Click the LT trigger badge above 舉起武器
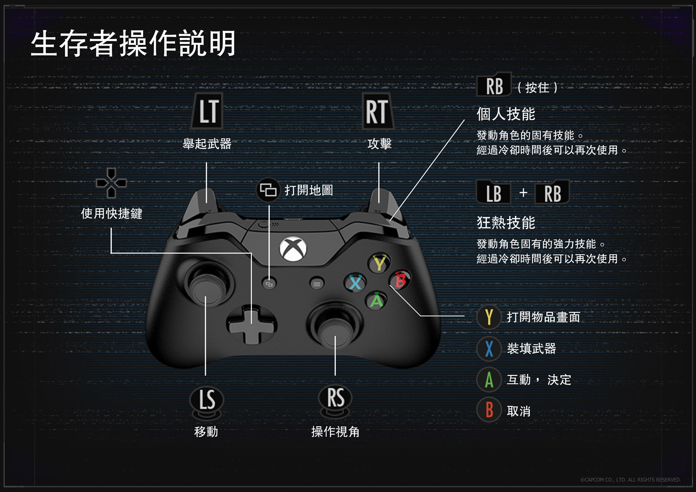[x=208, y=111]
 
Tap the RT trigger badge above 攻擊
[x=377, y=111]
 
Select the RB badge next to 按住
[x=494, y=86]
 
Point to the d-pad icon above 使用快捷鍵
[x=111, y=183]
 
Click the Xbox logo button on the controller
[x=293, y=249]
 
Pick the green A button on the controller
[x=376, y=301]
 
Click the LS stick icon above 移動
[x=207, y=400]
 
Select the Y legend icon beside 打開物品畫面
[x=489, y=317]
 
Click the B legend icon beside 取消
[x=489, y=410]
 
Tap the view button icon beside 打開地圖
[x=268, y=190]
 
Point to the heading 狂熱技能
[x=505, y=223]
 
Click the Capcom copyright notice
[x=630, y=480]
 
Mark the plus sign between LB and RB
[x=523, y=192]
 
